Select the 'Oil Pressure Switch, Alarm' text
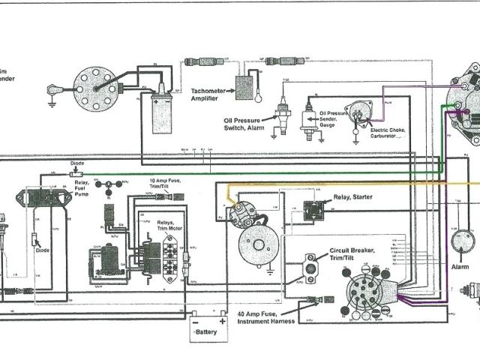[251, 123]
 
